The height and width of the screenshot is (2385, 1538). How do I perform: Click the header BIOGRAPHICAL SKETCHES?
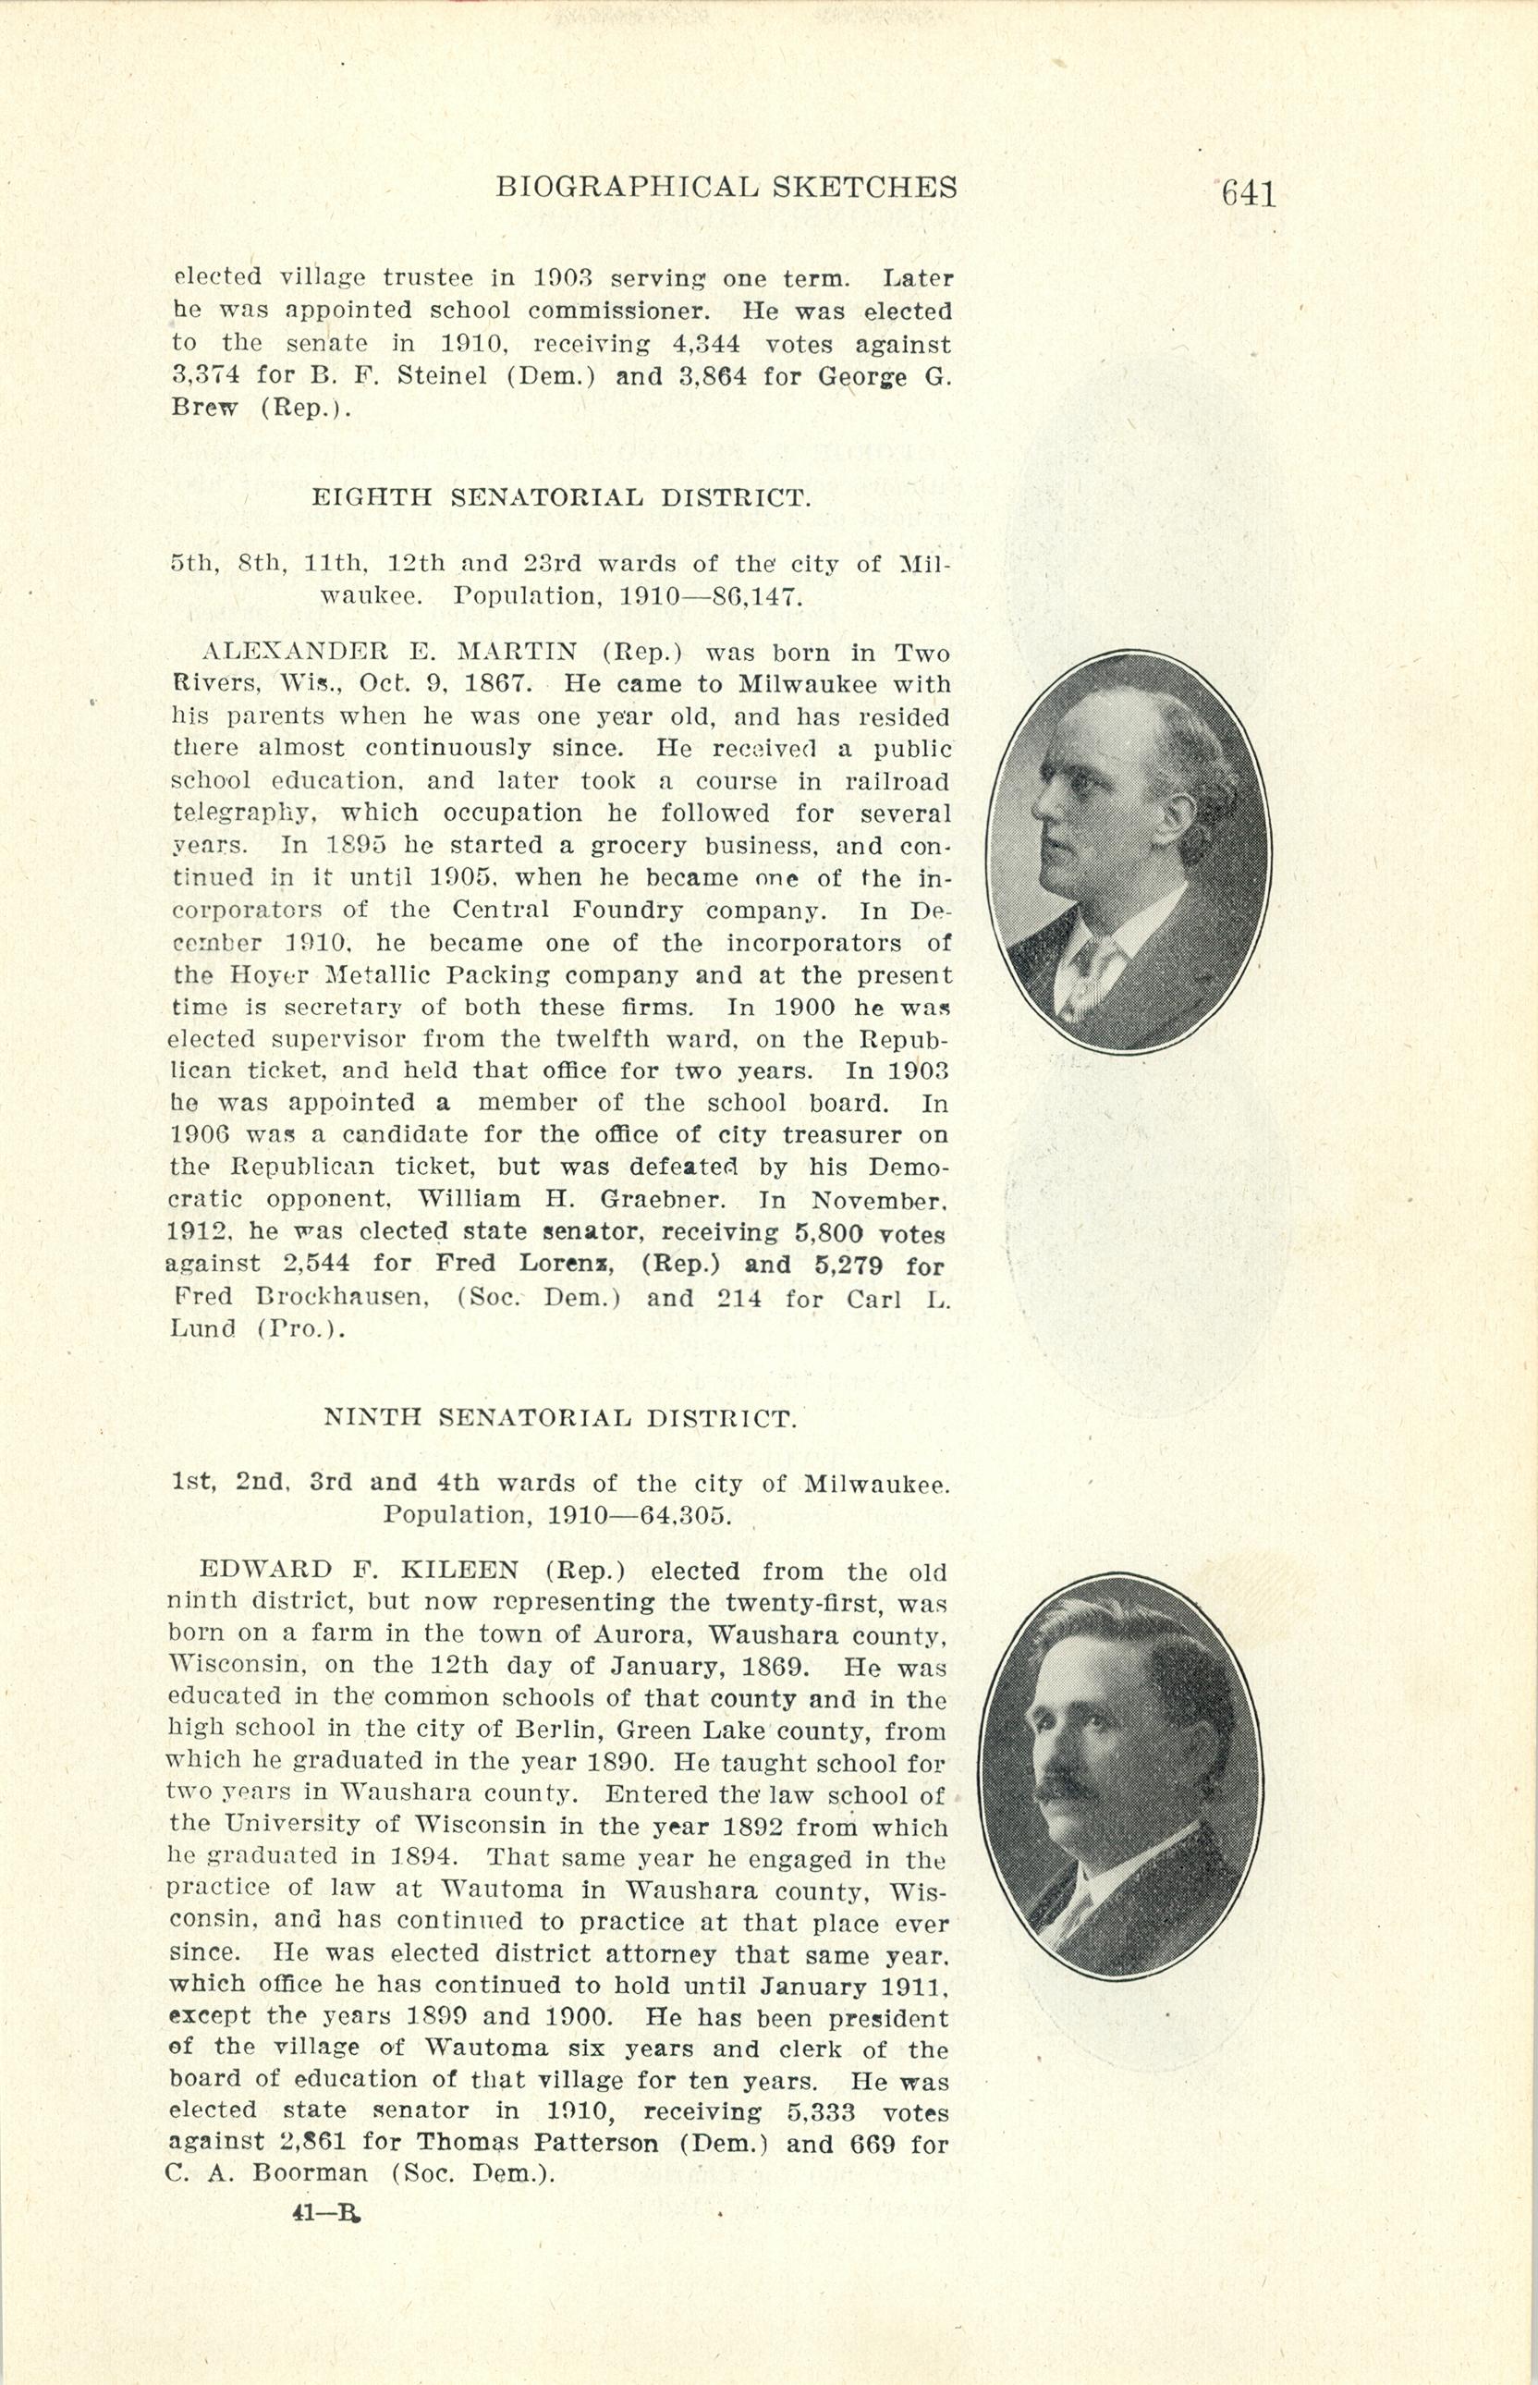[726, 187]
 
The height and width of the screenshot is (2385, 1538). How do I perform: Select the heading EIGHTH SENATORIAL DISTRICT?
[560, 497]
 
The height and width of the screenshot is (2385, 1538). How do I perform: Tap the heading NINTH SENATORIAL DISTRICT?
[560, 1417]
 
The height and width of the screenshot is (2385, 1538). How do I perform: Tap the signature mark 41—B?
[325, 2212]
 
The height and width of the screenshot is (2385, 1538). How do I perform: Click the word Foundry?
[629, 911]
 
